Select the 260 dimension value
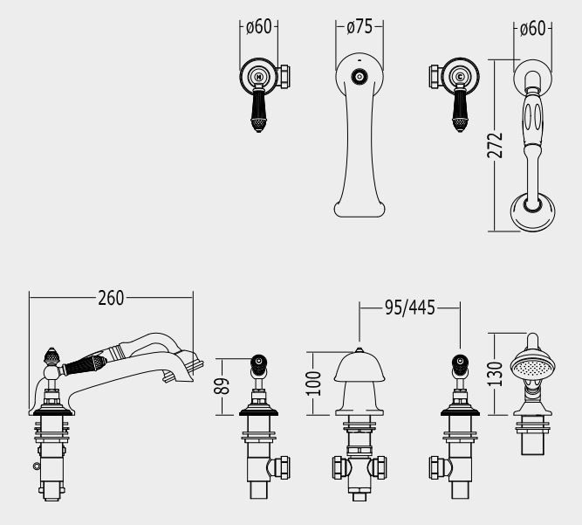tap(111, 298)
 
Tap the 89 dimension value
tap(224, 385)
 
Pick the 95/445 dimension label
tap(410, 307)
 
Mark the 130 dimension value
tap(496, 374)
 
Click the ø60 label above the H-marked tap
tap(258, 27)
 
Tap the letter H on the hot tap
tap(258, 77)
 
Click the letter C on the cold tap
tap(460, 77)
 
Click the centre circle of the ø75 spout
tap(358, 77)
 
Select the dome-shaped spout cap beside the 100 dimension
tap(359, 367)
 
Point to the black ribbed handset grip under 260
tap(86, 362)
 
